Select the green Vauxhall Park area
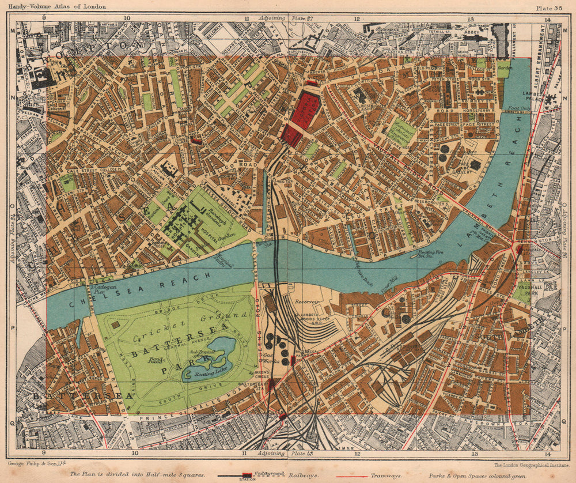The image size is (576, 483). click(x=522, y=292)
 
